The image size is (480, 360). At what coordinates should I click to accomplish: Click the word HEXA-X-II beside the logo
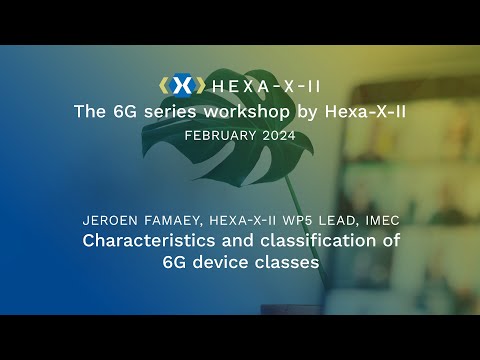pyautogui.click(x=260, y=86)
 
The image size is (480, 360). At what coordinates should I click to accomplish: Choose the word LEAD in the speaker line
pyautogui.click(x=340, y=220)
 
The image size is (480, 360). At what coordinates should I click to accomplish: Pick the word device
pyautogui.click(x=221, y=263)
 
